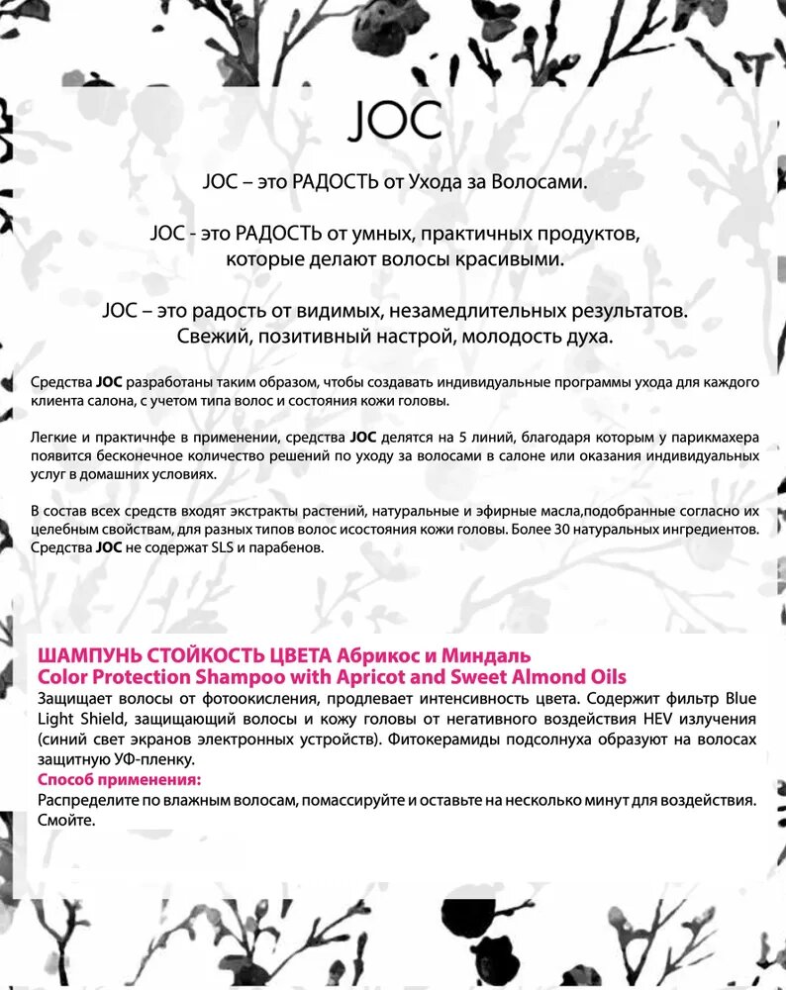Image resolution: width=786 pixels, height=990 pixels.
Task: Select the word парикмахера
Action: click(x=715, y=436)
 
